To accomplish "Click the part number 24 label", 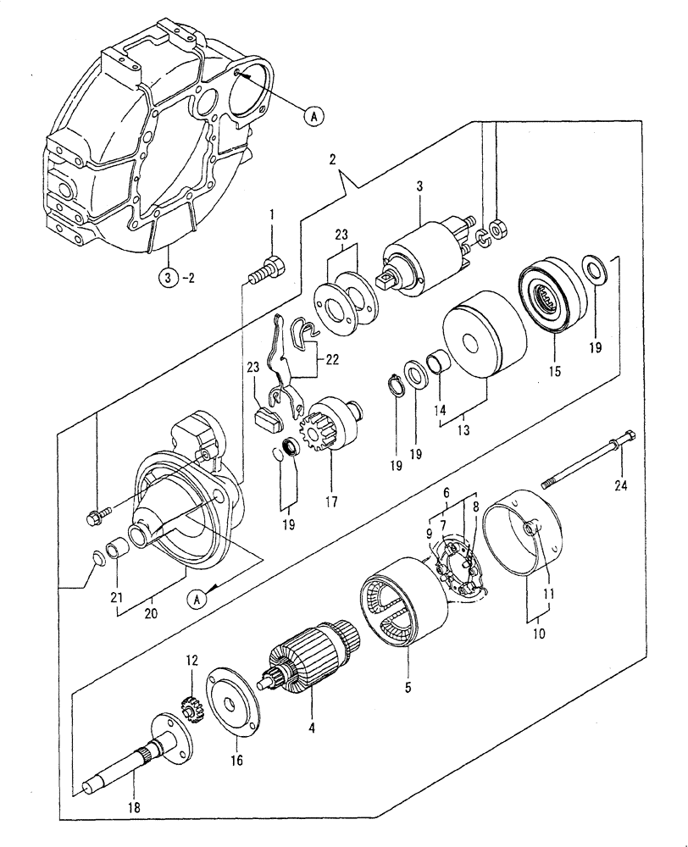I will pyautogui.click(x=622, y=485).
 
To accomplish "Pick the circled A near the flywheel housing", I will pyautogui.click(x=313, y=116).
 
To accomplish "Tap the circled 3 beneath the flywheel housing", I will pyautogui.click(x=168, y=275).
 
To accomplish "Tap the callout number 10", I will pyautogui.click(x=539, y=632).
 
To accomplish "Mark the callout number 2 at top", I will pyautogui.click(x=332, y=158).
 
